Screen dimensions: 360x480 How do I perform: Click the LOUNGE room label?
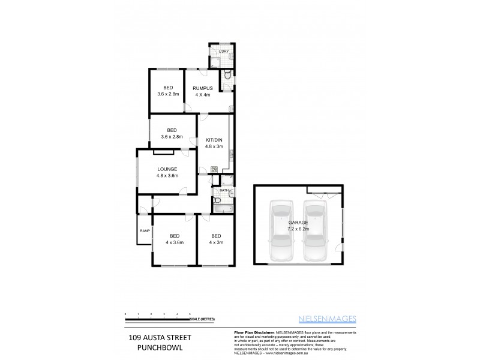167,169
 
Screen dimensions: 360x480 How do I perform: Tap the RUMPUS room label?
203,88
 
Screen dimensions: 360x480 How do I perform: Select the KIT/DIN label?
214,139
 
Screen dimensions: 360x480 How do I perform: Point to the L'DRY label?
224,51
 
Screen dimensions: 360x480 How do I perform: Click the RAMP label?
145,231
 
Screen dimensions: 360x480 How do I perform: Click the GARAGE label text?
298,223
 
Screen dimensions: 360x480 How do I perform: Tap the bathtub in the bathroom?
221,208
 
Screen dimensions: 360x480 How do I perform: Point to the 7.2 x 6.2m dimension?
298,229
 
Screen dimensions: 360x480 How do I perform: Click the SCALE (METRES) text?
203,319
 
